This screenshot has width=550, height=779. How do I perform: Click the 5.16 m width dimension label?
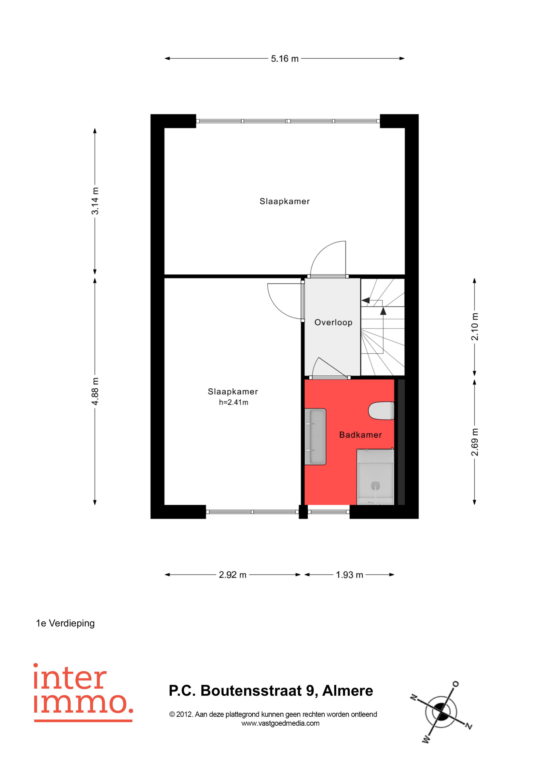click(x=285, y=59)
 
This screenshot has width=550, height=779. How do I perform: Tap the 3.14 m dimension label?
click(x=95, y=201)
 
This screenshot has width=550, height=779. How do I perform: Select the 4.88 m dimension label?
click(x=95, y=391)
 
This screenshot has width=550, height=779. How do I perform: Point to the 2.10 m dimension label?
click(x=475, y=326)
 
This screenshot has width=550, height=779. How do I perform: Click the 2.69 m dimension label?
click(x=475, y=442)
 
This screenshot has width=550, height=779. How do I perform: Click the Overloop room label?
click(x=334, y=322)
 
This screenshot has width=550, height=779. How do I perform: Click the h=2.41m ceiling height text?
click(x=233, y=402)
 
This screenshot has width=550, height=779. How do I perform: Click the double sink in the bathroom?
click(x=315, y=436)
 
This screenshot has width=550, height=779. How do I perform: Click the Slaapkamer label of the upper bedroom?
click(x=285, y=201)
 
